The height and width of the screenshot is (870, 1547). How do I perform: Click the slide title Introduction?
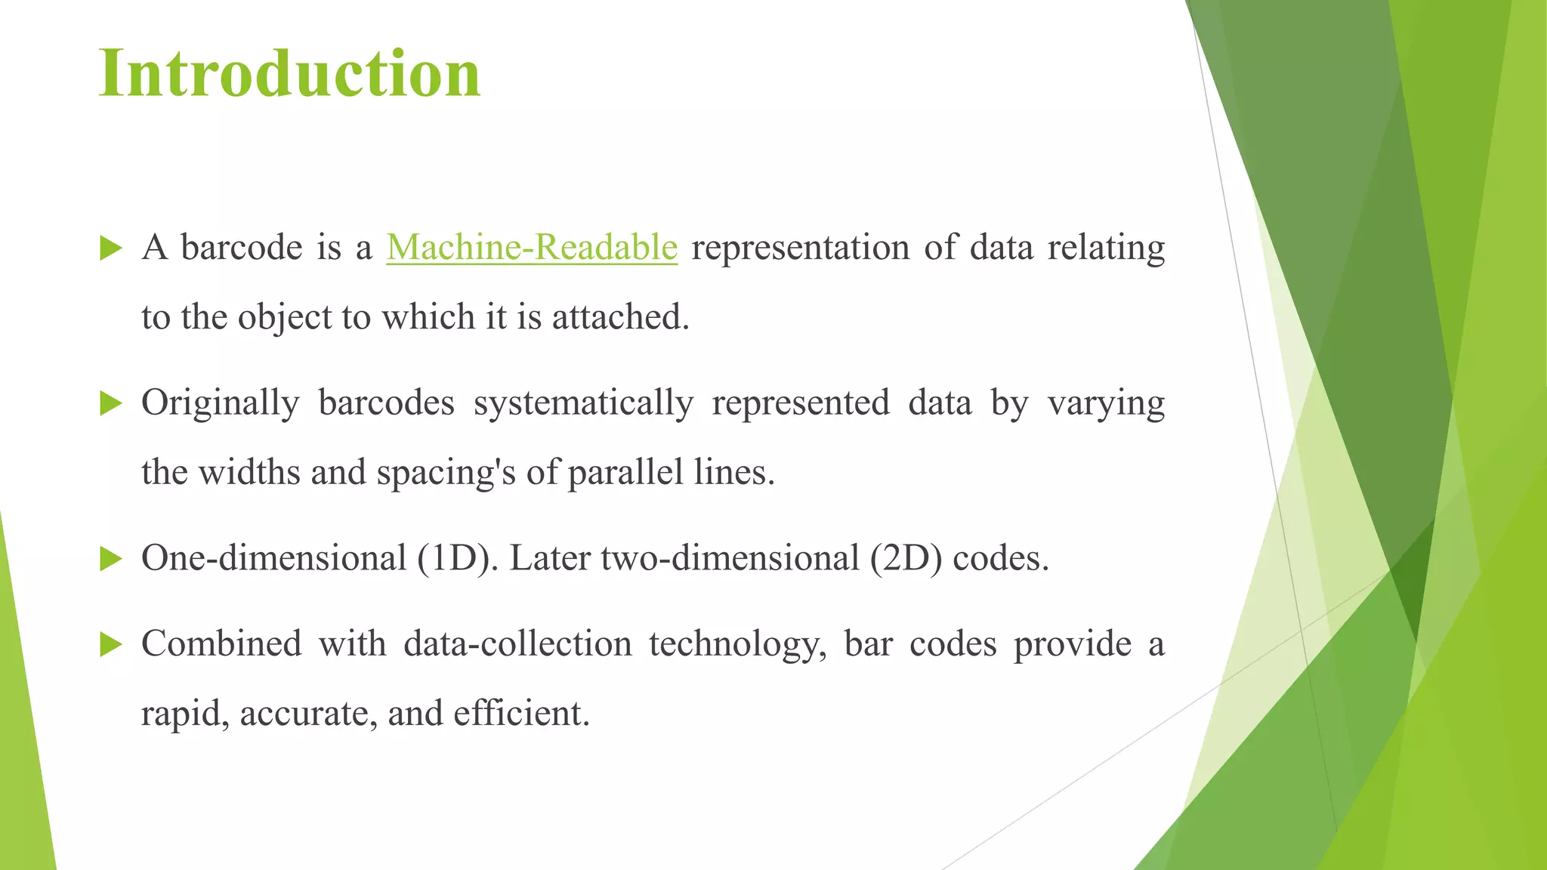pos(289,73)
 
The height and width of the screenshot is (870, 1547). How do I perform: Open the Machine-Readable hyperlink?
pos(532,247)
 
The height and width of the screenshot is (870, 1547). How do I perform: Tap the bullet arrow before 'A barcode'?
pos(110,248)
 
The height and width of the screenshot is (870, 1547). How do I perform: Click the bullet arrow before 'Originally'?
pos(110,403)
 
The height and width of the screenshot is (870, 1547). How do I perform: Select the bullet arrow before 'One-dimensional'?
pos(110,559)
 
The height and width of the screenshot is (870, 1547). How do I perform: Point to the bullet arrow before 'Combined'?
pos(110,644)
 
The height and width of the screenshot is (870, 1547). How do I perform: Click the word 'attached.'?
pos(620,317)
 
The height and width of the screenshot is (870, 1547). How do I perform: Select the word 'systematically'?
pos(583,403)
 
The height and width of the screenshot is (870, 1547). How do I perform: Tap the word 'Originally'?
pos(220,403)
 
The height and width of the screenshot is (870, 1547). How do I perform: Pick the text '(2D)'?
pos(906,559)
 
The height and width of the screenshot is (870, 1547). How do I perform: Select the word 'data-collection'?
pos(517,643)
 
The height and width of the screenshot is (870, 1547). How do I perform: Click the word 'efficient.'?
pos(521,714)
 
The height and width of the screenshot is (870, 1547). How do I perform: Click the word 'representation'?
pos(800,247)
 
